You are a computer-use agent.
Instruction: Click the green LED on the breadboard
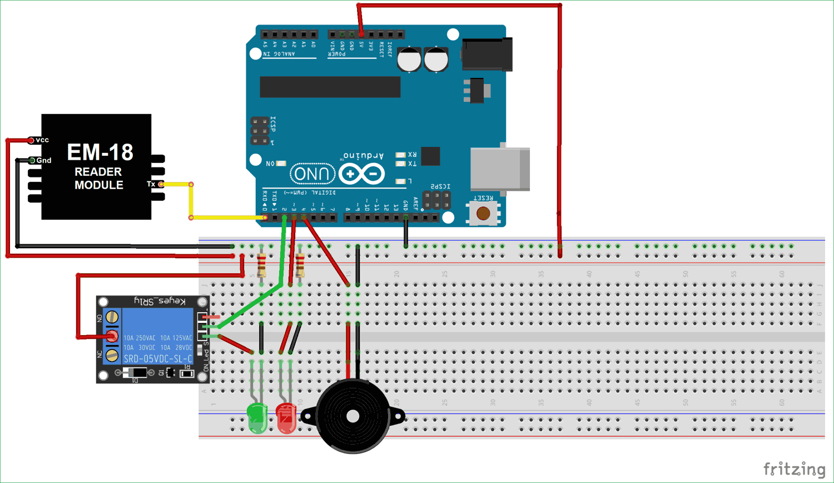tap(257, 418)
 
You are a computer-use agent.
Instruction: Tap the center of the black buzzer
tap(353, 416)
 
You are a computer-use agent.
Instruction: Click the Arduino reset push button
tap(483, 213)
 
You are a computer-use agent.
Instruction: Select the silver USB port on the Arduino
tap(499, 169)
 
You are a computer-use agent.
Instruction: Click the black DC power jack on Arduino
tap(487, 54)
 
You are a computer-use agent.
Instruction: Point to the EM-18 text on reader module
tap(100, 152)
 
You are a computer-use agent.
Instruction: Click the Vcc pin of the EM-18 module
tap(32, 140)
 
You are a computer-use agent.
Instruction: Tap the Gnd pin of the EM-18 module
tap(32, 160)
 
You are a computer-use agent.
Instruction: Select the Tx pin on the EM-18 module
tap(160, 184)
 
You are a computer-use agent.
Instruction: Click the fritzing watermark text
tap(794, 469)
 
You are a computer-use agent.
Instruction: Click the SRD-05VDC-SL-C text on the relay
tap(157, 359)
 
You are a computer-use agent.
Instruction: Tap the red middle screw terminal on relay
tap(112, 336)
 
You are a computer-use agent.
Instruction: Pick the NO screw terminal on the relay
tap(112, 317)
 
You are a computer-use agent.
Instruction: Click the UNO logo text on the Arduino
tap(312, 174)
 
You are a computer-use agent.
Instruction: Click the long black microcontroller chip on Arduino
tap(330, 87)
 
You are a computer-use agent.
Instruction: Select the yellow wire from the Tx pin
tap(191, 201)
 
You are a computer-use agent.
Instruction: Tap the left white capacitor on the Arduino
tap(409, 60)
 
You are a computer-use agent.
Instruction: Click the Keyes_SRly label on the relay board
tap(160, 302)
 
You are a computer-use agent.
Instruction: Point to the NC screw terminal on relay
tap(112, 355)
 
